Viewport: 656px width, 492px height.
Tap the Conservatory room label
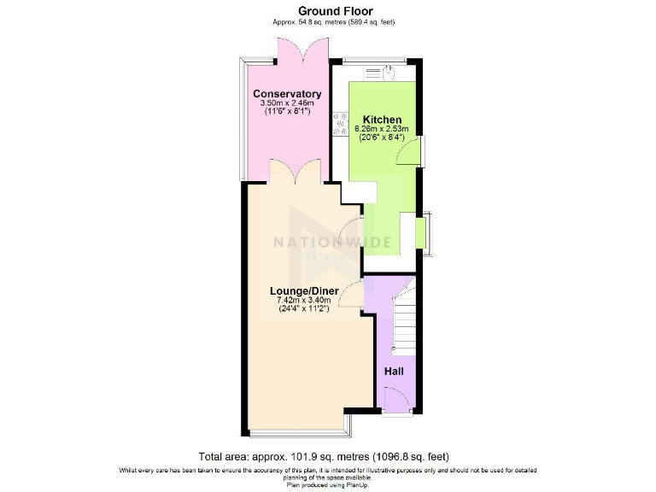(286, 94)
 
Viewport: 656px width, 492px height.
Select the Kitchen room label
(382, 119)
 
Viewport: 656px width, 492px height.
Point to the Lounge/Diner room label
(305, 291)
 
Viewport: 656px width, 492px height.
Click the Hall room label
(393, 372)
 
